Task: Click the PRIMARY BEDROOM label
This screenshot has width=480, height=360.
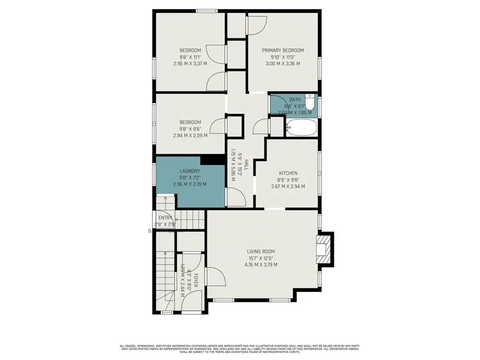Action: coord(283,51)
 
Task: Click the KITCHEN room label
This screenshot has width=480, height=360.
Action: coord(288,173)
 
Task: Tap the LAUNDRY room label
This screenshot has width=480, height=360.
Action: coord(189,171)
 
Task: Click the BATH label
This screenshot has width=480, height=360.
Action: coord(295,100)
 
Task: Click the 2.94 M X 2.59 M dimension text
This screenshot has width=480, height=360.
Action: coord(190,135)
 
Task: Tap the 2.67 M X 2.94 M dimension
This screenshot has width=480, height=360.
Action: coord(288,186)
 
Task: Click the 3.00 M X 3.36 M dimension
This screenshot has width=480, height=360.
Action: coord(283,63)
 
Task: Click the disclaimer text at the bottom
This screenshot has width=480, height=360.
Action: coord(240,348)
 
